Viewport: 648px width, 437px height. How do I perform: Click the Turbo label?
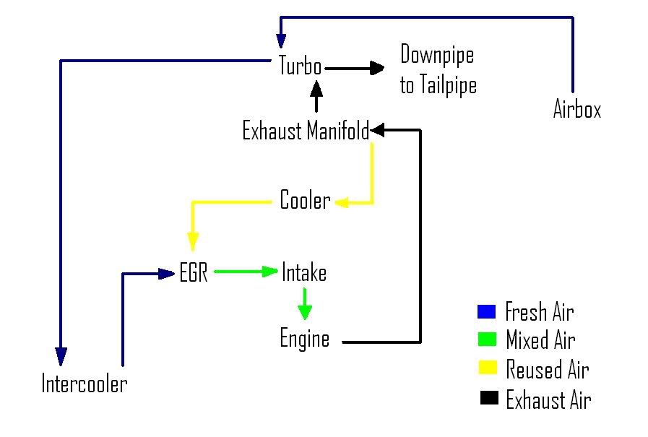[x=300, y=66]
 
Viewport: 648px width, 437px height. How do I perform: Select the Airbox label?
[x=576, y=109]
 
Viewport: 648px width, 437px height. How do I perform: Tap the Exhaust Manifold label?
[x=305, y=131]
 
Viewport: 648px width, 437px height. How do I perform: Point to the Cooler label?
[x=305, y=201]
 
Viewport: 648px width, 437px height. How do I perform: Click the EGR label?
[x=194, y=274]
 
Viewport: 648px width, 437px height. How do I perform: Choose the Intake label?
[x=304, y=273]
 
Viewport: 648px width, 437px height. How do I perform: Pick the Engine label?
[x=304, y=339]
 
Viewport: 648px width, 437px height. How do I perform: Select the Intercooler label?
[x=84, y=384]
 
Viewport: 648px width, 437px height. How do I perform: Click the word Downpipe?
[x=437, y=55]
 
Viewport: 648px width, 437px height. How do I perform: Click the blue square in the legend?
[x=487, y=312]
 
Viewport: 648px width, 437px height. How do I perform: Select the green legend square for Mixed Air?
[x=487, y=339]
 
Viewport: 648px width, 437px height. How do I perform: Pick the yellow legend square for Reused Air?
[x=487, y=369]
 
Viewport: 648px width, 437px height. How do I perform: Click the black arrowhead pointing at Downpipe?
[x=376, y=68]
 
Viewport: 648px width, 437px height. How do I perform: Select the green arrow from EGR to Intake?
[x=246, y=272]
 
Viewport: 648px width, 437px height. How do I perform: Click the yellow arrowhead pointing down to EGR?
[x=193, y=242]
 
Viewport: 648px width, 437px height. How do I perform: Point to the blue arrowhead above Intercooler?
[x=61, y=356]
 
